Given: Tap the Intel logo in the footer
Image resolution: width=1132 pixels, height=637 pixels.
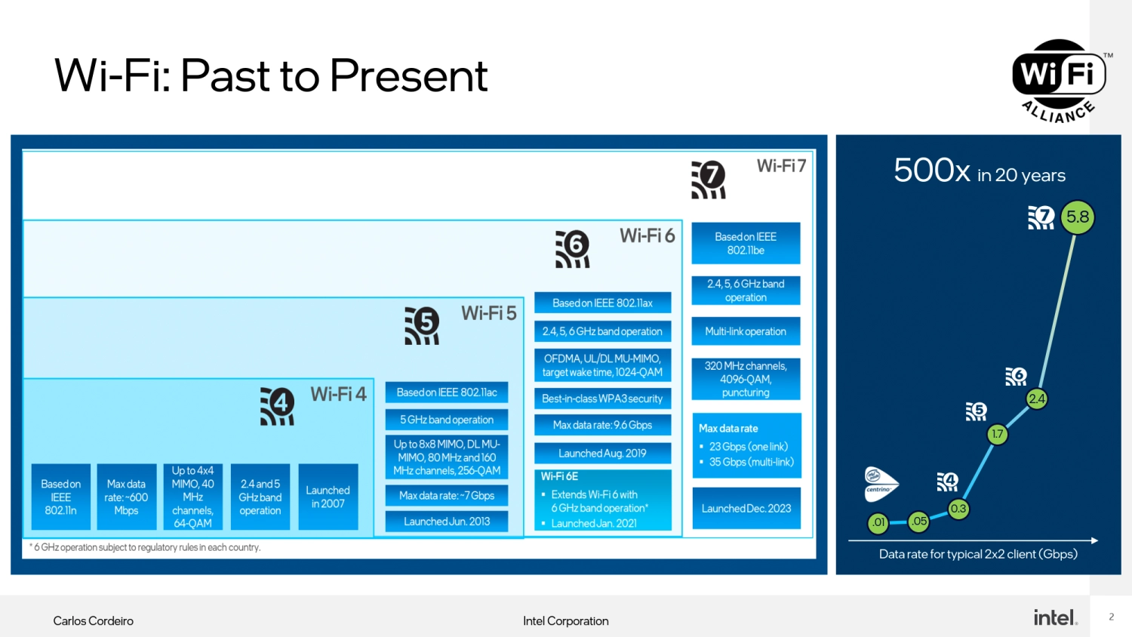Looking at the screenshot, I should coord(1055,617).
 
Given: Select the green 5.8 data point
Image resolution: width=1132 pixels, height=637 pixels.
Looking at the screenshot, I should coord(1077,217).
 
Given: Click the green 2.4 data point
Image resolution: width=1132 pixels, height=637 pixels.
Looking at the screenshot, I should coord(1037,399).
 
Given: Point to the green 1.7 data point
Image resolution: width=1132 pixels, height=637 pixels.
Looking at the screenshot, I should coord(998,434).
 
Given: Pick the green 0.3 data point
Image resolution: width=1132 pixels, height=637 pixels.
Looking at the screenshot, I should coord(958,509).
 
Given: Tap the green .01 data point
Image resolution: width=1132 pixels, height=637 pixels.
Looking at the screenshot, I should coord(878,522).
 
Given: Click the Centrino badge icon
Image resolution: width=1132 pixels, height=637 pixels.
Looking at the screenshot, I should coord(880,484).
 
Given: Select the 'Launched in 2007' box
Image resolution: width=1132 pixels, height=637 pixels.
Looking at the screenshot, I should coord(328,497).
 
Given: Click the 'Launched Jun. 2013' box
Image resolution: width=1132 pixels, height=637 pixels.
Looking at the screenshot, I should coord(447,522).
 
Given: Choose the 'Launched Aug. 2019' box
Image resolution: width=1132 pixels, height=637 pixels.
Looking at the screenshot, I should coord(602,454).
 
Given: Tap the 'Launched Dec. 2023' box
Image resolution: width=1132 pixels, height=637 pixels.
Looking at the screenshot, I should coord(746,509).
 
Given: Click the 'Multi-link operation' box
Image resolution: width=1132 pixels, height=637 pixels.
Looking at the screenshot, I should coord(746,331).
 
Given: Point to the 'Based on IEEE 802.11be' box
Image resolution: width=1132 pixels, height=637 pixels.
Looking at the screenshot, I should coord(746,243).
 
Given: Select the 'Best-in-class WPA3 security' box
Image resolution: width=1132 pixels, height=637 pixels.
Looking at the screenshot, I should coord(602,399).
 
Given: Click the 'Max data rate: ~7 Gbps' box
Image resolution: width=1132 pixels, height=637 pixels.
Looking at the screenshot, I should coord(447,496).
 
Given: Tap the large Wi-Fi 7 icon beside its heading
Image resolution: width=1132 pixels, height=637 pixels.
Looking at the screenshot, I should coord(709,180).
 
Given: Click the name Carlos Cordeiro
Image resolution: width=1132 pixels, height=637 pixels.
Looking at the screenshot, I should coord(93,620).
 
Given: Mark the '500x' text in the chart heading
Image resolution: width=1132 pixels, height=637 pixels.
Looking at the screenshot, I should coord(931,171).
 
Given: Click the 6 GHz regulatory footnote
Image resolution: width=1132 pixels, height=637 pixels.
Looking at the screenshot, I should coord(146,547).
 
